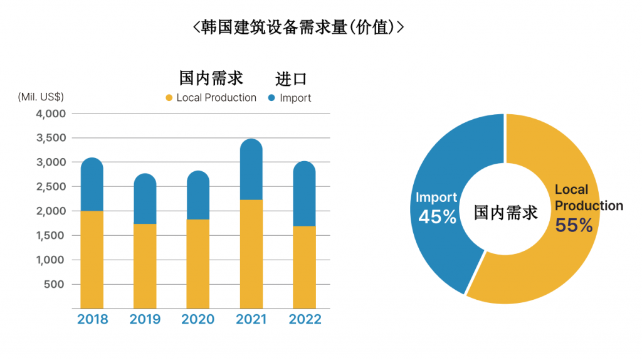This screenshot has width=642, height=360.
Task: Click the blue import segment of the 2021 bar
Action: click(x=251, y=169)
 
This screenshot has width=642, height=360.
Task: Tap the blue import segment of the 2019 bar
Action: click(x=145, y=199)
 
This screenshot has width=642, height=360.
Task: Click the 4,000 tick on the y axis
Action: click(x=51, y=114)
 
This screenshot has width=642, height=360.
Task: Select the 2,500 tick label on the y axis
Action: click(x=51, y=187)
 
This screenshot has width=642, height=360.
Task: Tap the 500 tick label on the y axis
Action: click(x=55, y=284)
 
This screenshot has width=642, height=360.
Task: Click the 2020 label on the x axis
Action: click(x=198, y=319)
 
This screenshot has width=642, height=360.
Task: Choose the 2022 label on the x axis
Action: click(x=305, y=319)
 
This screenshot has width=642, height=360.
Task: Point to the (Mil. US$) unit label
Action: click(x=41, y=97)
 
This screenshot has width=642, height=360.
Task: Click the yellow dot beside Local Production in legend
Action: click(x=169, y=98)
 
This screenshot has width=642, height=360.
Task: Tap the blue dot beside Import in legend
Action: click(x=271, y=98)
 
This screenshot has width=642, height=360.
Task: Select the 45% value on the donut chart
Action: click(x=437, y=217)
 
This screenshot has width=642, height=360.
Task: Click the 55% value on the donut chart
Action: click(x=574, y=225)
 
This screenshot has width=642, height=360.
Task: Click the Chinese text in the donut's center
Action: click(x=505, y=213)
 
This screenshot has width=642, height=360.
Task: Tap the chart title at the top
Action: click(x=298, y=27)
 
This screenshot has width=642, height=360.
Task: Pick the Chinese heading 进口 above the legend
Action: click(x=292, y=79)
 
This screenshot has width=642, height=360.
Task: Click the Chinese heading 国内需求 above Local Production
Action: click(x=211, y=78)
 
